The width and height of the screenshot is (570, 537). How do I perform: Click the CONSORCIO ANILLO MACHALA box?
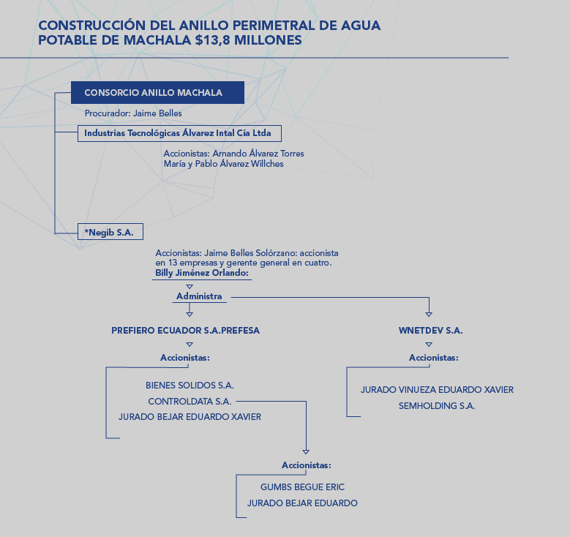click(157, 92)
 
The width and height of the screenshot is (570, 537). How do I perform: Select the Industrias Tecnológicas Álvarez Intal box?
click(179, 133)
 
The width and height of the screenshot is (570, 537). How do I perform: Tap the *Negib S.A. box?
click(110, 232)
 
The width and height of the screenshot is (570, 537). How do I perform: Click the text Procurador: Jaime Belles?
click(133, 113)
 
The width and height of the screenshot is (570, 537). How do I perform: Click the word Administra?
click(199, 296)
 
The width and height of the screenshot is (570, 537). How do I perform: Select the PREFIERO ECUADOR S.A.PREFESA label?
click(185, 331)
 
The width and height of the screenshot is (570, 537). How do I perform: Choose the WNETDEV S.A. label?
click(430, 331)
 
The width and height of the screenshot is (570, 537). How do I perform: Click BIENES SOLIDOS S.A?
click(190, 386)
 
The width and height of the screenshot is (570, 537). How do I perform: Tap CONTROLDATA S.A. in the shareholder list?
click(190, 402)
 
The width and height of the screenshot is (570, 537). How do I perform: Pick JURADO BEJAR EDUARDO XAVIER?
click(190, 417)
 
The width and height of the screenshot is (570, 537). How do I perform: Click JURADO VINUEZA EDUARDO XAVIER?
click(437, 390)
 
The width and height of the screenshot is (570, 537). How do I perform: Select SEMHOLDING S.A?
click(437, 406)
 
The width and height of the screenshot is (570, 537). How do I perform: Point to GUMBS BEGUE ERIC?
click(302, 487)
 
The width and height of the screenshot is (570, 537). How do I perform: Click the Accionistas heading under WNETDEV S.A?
click(434, 358)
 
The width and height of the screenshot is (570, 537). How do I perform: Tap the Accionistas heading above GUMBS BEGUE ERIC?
click(307, 465)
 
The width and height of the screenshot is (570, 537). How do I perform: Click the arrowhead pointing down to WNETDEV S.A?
click(429, 314)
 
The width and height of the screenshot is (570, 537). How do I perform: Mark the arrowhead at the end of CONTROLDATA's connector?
click(306, 451)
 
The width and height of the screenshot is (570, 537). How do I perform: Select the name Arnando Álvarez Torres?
click(258, 154)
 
